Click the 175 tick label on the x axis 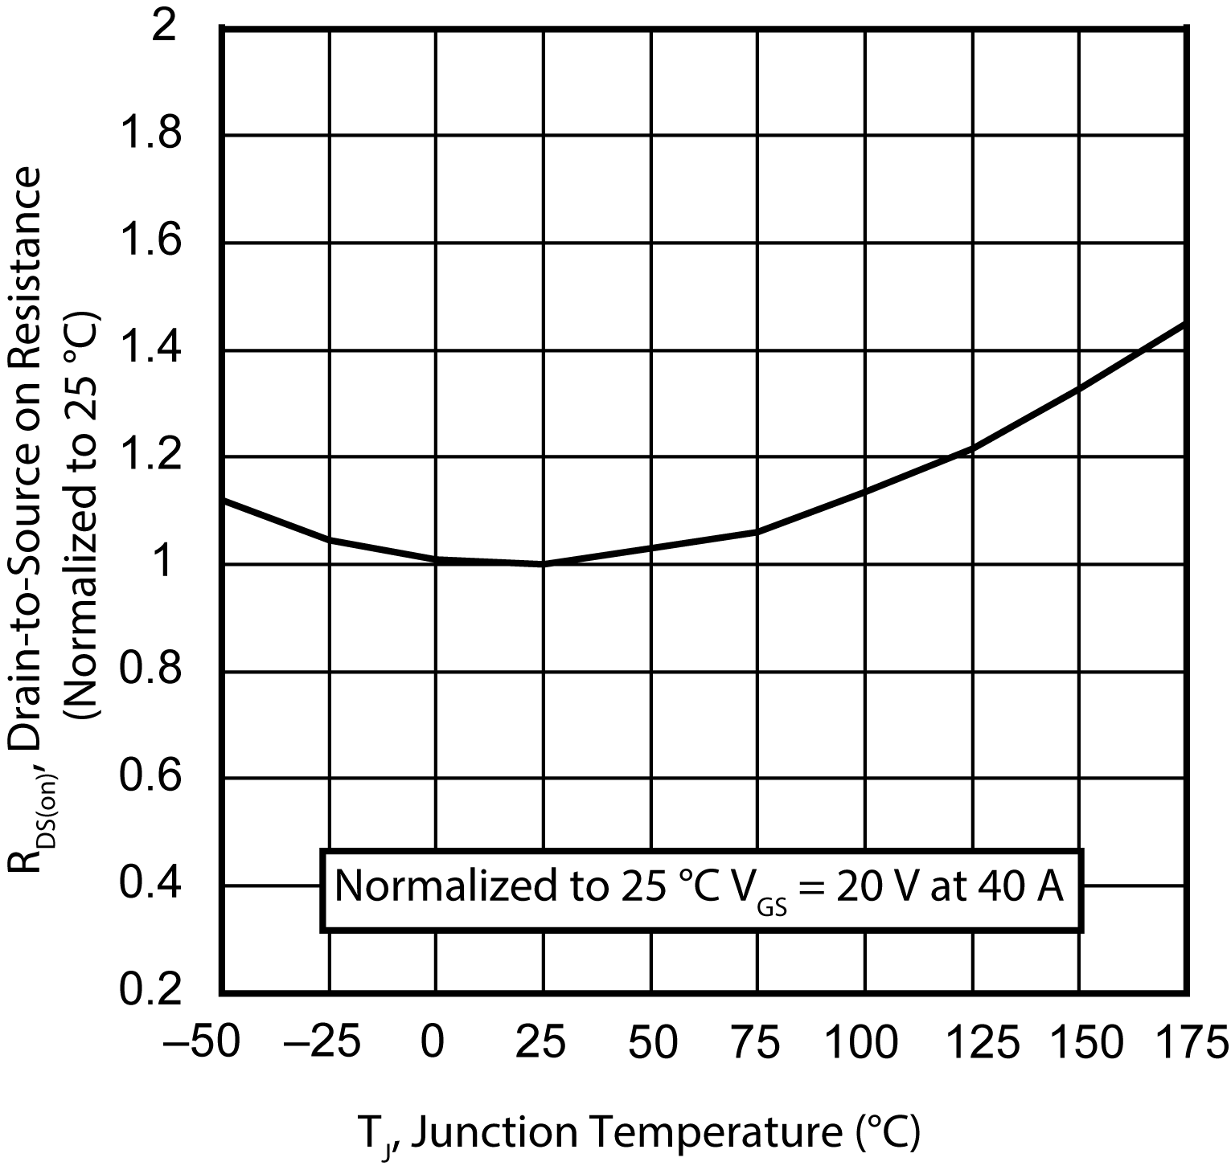point(1187,1043)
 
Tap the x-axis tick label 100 point(864,1043)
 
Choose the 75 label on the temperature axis point(757,1043)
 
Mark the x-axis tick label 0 point(434,1043)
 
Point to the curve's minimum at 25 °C point(543,563)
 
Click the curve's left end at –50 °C point(224,500)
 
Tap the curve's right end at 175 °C point(1184,324)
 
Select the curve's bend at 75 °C point(757,531)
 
